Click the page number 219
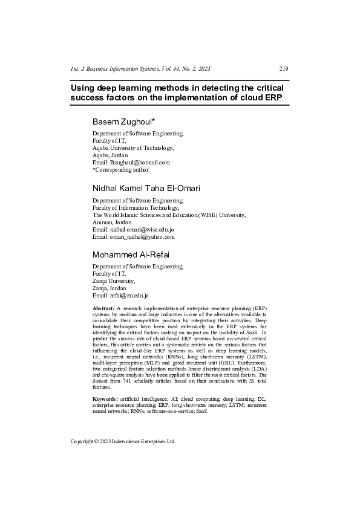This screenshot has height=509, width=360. tap(283, 69)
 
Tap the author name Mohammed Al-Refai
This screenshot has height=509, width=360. tap(131, 254)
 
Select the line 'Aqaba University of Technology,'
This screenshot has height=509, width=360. tap(133, 148)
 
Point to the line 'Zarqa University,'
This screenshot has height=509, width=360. tap(113, 281)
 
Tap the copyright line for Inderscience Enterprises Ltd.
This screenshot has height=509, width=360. tap(123, 441)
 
